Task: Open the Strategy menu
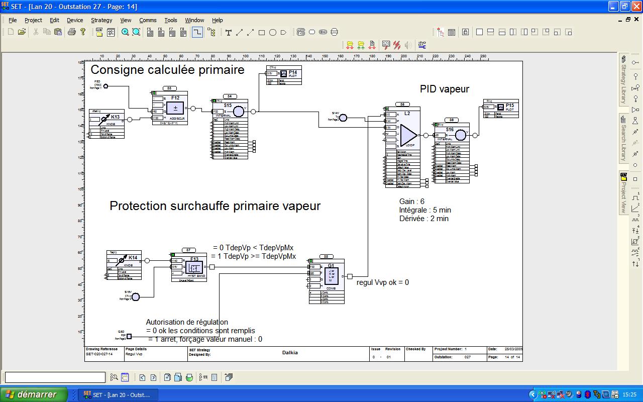101,20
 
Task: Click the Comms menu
148,20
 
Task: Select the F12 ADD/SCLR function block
175,108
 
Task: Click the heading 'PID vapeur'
445,89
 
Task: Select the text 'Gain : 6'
412,202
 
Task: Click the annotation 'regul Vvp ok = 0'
383,282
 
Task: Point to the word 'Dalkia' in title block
290,352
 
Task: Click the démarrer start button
34,394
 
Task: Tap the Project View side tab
623,193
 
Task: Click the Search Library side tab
623,138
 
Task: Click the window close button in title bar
636,7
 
